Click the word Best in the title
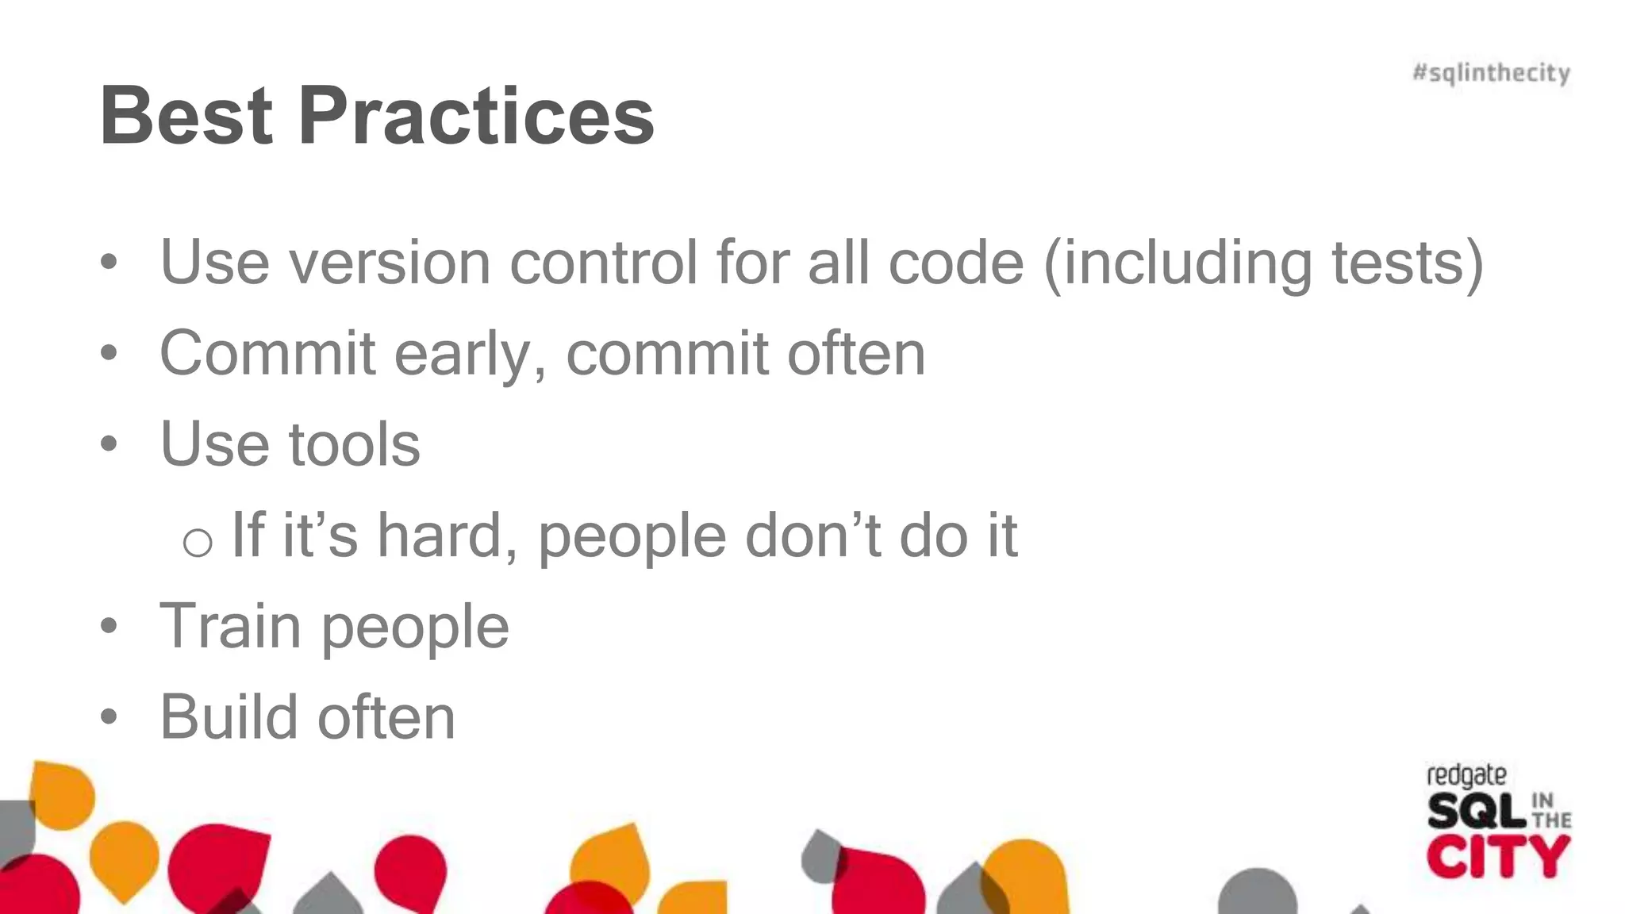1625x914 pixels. [187, 116]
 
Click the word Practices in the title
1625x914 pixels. [476, 116]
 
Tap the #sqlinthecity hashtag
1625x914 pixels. [1491, 73]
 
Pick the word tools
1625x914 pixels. [354, 444]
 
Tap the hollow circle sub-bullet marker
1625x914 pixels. [197, 543]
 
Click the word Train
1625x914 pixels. [231, 626]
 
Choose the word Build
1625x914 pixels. [229, 717]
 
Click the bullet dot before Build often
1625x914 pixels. [109, 717]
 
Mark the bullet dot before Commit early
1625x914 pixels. [109, 353]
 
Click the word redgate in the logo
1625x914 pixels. [1466, 776]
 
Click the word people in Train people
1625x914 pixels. [415, 628]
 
